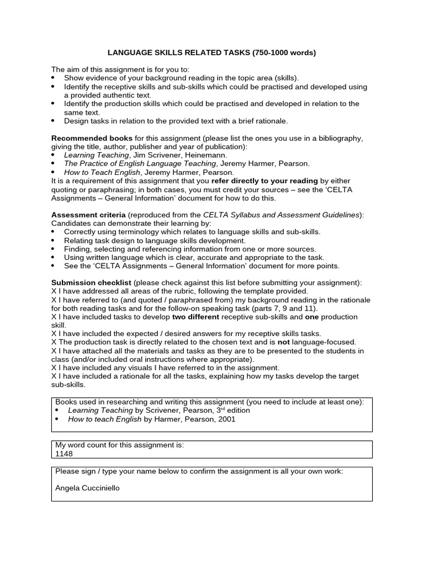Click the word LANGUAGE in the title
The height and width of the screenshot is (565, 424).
(129, 53)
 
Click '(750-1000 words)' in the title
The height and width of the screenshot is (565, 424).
(284, 53)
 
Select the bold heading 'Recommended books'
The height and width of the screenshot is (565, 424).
(92, 138)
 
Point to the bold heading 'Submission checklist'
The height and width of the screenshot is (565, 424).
(92, 282)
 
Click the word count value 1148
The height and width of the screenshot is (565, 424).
(64, 454)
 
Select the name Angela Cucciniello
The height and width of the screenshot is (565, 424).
(87, 488)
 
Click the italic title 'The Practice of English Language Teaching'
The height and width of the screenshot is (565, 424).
(140, 163)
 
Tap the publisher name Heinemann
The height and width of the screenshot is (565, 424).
(206, 155)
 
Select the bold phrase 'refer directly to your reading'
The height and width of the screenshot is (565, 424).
(264, 180)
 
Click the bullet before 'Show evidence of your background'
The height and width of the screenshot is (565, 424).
(54, 78)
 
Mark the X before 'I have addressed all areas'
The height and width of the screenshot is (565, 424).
(54, 291)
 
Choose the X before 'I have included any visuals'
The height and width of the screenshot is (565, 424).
(54, 367)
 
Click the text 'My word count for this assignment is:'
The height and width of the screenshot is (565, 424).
(120, 445)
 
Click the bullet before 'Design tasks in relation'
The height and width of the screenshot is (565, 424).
(54, 120)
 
